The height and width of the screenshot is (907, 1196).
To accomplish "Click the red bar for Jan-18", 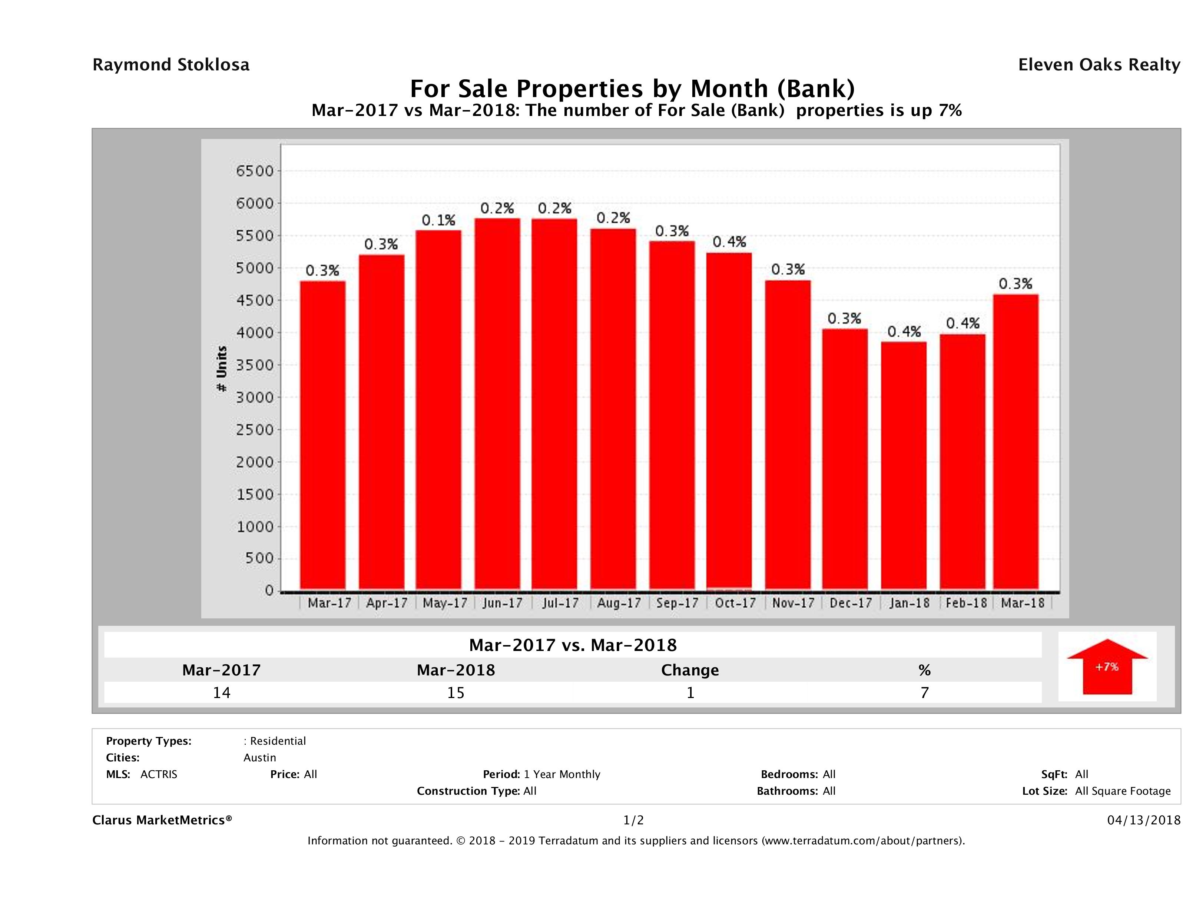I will (x=904, y=465).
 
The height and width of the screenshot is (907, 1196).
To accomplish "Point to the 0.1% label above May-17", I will (x=438, y=220).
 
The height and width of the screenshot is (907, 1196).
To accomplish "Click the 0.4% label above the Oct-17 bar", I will (x=729, y=242).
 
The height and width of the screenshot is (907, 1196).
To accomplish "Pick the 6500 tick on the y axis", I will (x=255, y=171).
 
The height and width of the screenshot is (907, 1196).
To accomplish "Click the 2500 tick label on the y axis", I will (x=255, y=430).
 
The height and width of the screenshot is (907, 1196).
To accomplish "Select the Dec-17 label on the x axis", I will (x=851, y=603).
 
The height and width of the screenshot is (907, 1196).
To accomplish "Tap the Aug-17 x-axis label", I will (x=619, y=603).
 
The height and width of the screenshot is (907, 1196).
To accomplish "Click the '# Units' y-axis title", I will (x=222, y=369).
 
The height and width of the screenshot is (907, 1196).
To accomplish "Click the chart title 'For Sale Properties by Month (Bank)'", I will (x=632, y=89).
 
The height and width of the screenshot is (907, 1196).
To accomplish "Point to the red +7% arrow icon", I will (x=1107, y=667).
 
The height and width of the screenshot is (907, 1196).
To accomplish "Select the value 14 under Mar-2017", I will (x=222, y=693).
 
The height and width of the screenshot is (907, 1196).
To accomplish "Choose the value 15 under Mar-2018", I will (x=456, y=693).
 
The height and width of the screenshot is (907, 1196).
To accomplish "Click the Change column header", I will (x=690, y=671).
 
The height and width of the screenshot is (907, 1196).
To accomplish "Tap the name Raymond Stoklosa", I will (x=171, y=65).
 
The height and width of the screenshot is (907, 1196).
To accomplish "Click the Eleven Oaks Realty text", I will (x=1099, y=65).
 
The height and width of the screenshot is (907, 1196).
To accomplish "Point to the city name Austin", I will (x=259, y=758).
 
